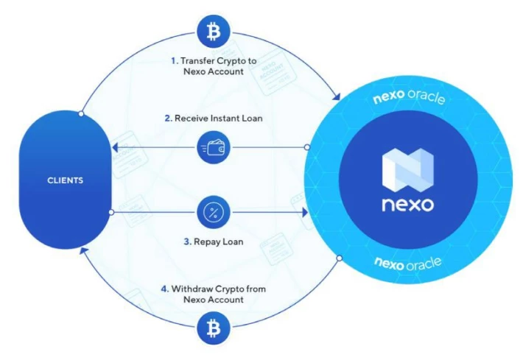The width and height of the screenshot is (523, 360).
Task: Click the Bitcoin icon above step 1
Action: [x=214, y=32]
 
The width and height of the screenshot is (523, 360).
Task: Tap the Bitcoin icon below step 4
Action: [x=214, y=328]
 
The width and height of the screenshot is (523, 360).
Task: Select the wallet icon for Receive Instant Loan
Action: [x=214, y=147]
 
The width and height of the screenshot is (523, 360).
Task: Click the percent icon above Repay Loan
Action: [x=214, y=212]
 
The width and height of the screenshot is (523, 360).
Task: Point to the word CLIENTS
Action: [x=65, y=180]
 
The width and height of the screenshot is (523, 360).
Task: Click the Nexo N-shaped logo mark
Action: [x=407, y=170]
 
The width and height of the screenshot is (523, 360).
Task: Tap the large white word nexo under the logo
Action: [x=407, y=204]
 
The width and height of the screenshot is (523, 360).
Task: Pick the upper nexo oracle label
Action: [x=409, y=96]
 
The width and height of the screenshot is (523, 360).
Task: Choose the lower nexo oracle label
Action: [x=407, y=264]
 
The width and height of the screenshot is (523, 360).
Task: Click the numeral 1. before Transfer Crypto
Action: [x=175, y=61]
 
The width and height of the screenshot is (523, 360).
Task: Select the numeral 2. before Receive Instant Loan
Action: [x=169, y=119]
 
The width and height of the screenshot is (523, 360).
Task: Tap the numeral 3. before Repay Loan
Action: [x=187, y=241]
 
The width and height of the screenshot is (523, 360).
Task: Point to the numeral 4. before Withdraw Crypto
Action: [x=165, y=289]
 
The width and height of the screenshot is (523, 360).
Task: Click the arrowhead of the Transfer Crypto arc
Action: [x=337, y=96]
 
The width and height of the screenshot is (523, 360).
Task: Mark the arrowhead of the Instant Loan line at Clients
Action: [x=116, y=147]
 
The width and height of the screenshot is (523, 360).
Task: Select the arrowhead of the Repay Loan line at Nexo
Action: [x=305, y=212]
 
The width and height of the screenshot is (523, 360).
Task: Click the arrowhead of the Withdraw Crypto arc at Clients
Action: [x=83, y=250]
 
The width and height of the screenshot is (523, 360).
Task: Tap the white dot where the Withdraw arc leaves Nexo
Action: [x=340, y=258]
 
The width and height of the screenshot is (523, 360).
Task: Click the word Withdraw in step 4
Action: [x=192, y=289]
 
